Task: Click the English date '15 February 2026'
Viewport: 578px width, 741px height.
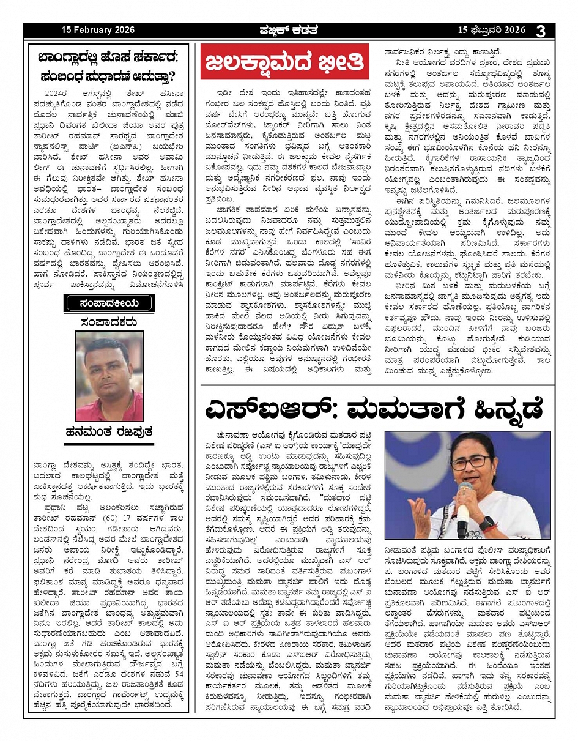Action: point(97,31)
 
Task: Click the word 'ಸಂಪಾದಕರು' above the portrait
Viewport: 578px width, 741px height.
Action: point(109,322)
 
